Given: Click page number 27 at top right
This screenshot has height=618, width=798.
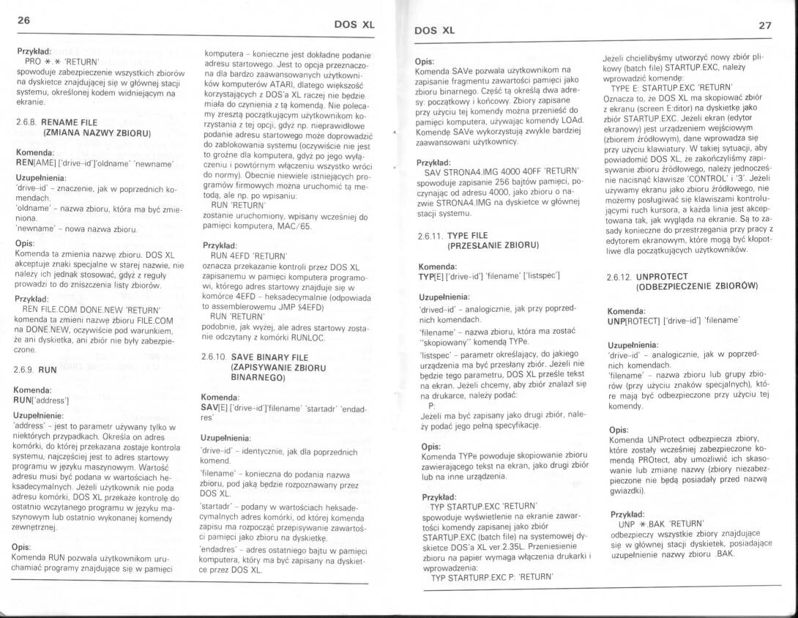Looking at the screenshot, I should pyautogui.click(x=765, y=25).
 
